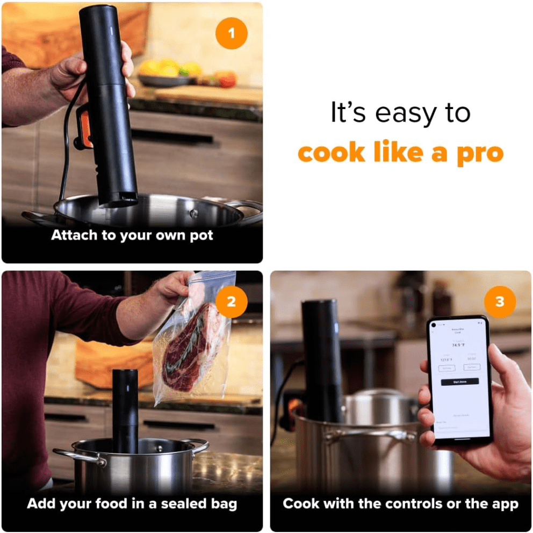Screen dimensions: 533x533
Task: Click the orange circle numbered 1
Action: point(232,33)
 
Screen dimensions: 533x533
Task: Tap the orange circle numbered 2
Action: point(232,301)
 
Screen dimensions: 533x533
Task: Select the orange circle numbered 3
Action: point(500,301)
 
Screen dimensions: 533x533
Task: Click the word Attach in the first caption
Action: point(74,235)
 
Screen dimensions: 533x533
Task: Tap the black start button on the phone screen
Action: point(459,381)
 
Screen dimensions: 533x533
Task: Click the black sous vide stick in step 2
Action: point(125,408)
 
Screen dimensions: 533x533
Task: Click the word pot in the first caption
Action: point(201,235)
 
